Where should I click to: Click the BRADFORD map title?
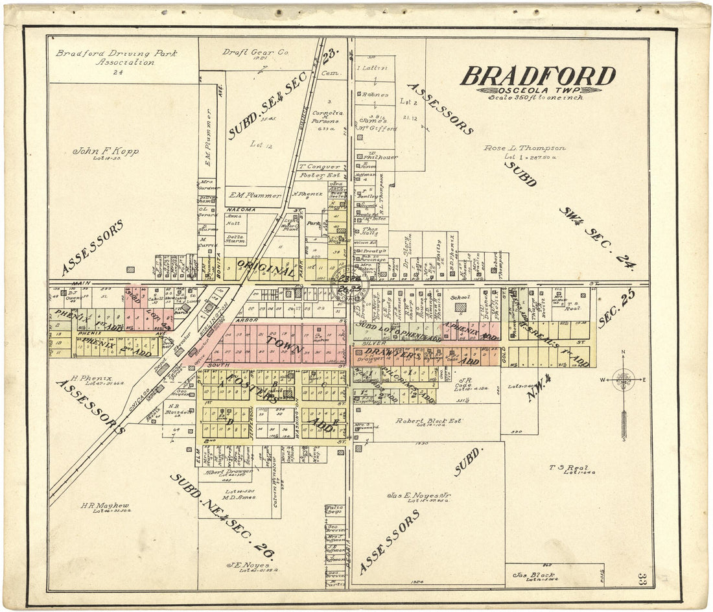pos(538,76)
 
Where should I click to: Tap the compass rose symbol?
pos(624,379)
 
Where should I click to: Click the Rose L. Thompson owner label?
pos(524,148)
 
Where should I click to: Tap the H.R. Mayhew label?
pos(105,506)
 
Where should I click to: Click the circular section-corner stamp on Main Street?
pos(349,283)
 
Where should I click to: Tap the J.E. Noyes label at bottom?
pos(242,565)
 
